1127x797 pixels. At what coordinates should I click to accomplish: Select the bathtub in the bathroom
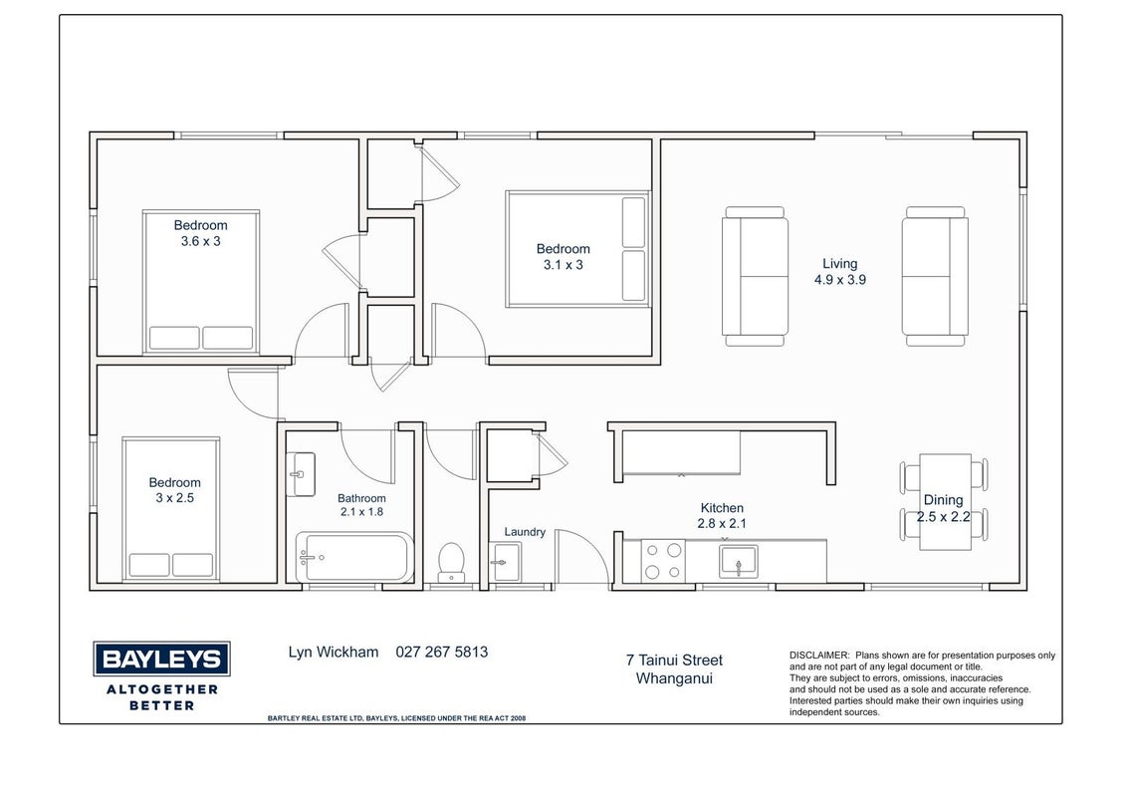(x=355, y=558)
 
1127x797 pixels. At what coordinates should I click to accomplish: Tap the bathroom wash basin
(x=301, y=474)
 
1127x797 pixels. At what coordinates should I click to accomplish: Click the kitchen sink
(x=738, y=562)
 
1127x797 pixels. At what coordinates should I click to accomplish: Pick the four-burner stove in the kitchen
(x=663, y=561)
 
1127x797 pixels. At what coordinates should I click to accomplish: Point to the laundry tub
(x=506, y=562)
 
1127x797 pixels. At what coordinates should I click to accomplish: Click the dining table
(x=945, y=502)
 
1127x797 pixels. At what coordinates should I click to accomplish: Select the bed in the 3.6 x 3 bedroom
(x=200, y=281)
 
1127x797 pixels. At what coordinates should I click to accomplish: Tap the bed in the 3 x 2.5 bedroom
(x=171, y=508)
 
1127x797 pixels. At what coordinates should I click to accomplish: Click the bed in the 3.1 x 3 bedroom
(x=577, y=249)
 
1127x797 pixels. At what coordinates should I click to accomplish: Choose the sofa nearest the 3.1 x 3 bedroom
(x=755, y=276)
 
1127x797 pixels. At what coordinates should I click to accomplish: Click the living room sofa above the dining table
(x=935, y=276)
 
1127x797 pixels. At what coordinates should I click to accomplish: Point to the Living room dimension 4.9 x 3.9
(x=839, y=280)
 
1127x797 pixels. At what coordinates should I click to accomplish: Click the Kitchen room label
(x=722, y=508)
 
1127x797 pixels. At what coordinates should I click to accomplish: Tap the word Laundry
(x=525, y=532)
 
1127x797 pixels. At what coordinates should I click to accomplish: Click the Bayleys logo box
(x=161, y=659)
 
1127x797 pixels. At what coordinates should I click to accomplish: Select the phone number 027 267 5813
(x=442, y=653)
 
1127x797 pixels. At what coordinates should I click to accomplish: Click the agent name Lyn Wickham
(x=334, y=653)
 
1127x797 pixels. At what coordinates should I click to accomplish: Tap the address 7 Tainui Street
(x=674, y=660)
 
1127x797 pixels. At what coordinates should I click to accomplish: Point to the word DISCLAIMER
(x=819, y=656)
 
